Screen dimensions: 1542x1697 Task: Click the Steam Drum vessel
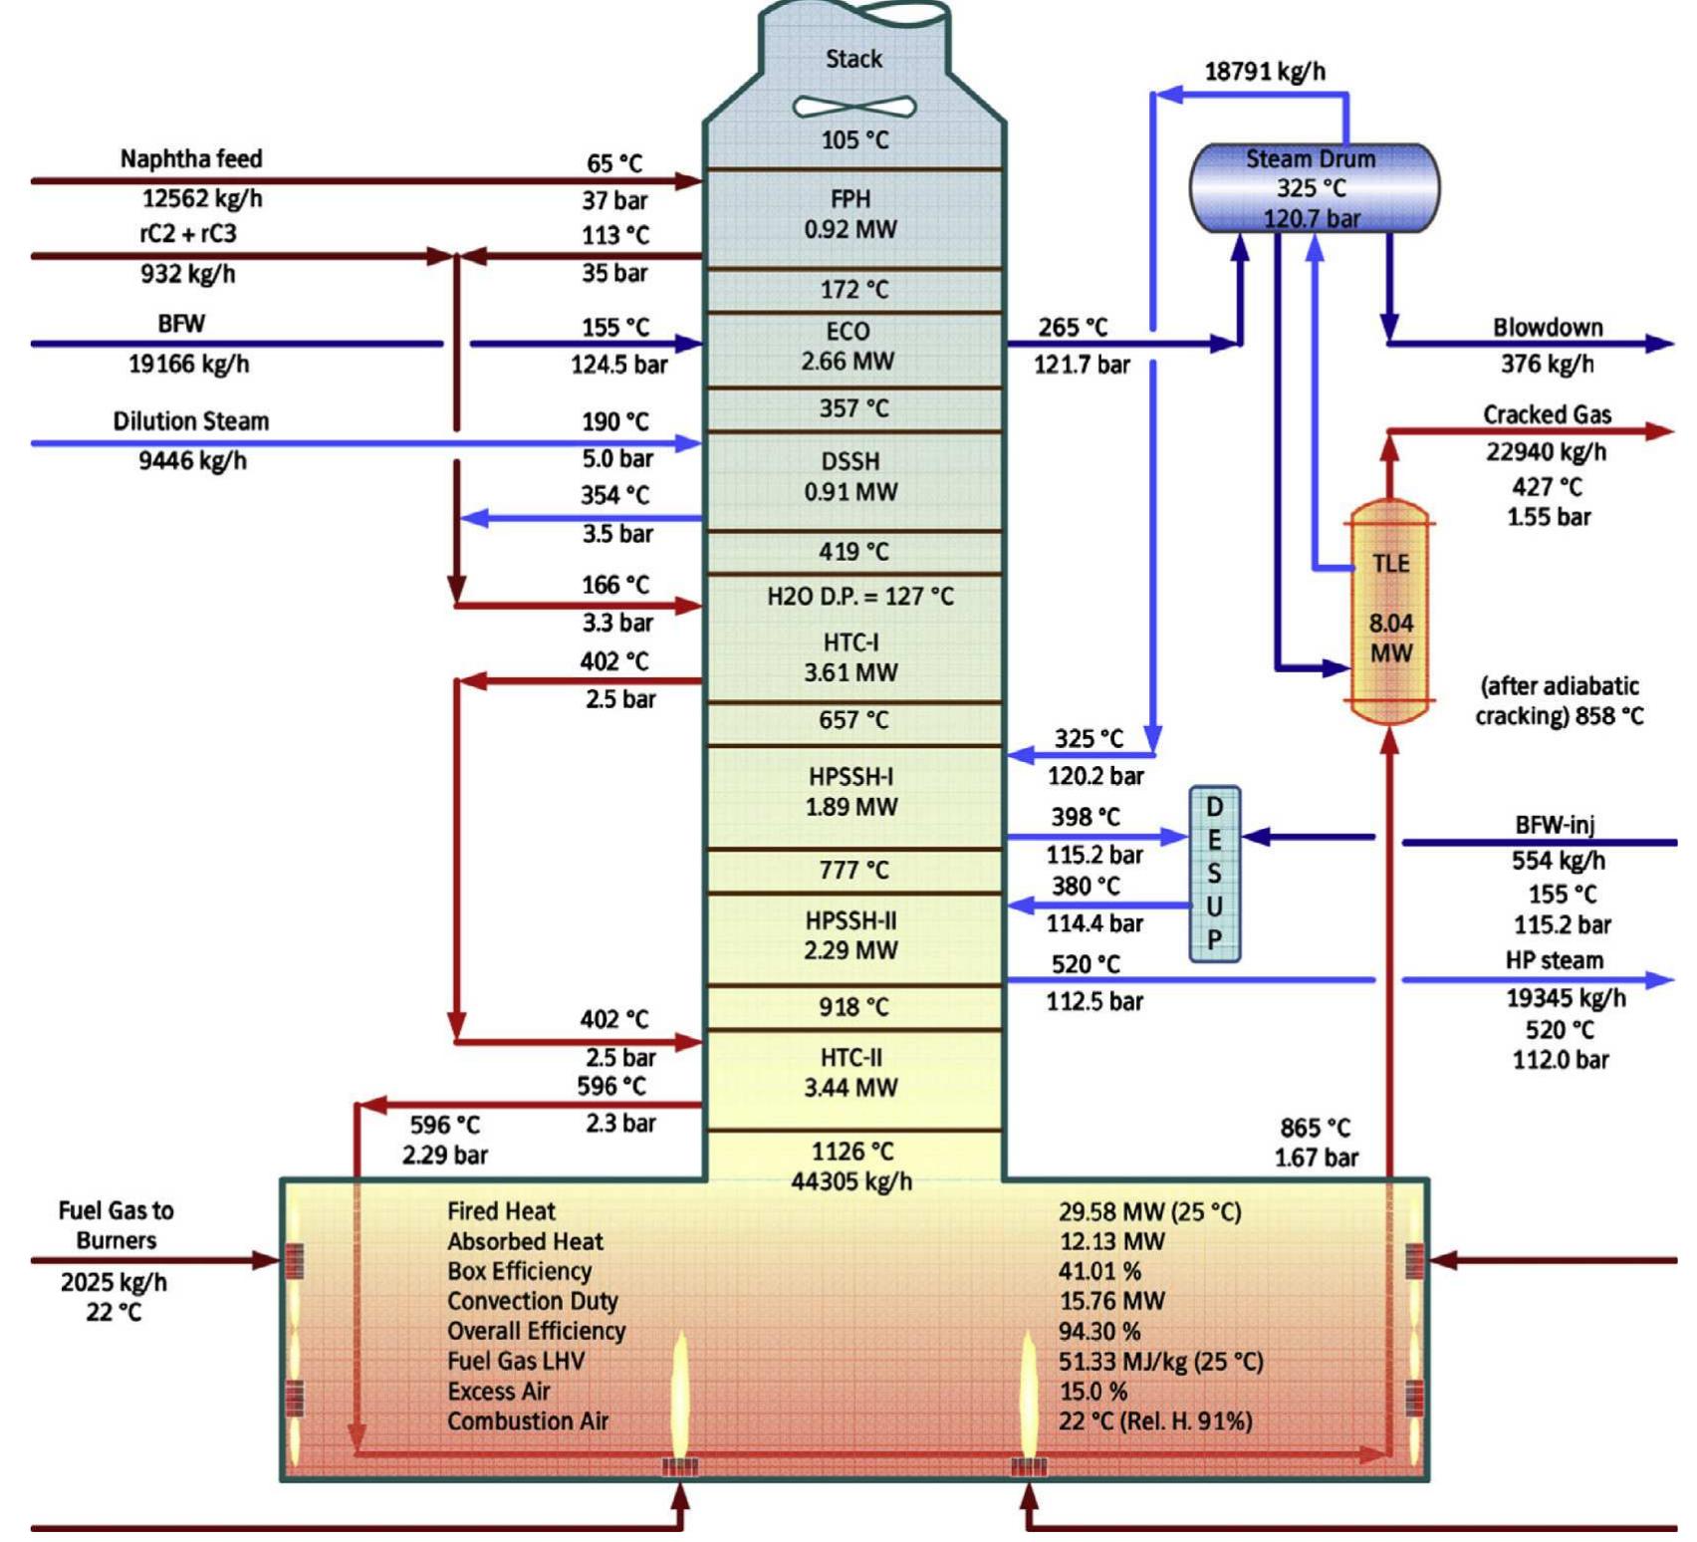click(x=1314, y=187)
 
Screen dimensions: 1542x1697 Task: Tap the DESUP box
click(x=1214, y=874)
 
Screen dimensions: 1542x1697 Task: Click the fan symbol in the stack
click(x=853, y=106)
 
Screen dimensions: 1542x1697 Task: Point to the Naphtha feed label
click(x=191, y=158)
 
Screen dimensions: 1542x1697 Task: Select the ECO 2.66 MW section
click(x=848, y=347)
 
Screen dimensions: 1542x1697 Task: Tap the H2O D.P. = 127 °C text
click(x=859, y=596)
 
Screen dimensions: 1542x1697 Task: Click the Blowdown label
click(x=1547, y=327)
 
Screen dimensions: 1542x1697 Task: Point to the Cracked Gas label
click(x=1546, y=414)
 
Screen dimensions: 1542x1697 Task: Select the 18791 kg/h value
click(x=1265, y=71)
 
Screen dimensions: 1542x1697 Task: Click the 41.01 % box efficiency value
click(x=1099, y=1271)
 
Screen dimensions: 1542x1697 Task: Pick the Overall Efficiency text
click(x=536, y=1331)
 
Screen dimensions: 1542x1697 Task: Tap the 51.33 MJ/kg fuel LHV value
click(x=1160, y=1361)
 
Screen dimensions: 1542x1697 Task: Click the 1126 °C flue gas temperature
click(x=852, y=1152)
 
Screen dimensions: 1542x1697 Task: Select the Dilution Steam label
click(x=191, y=420)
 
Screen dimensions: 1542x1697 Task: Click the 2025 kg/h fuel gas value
click(x=114, y=1282)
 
